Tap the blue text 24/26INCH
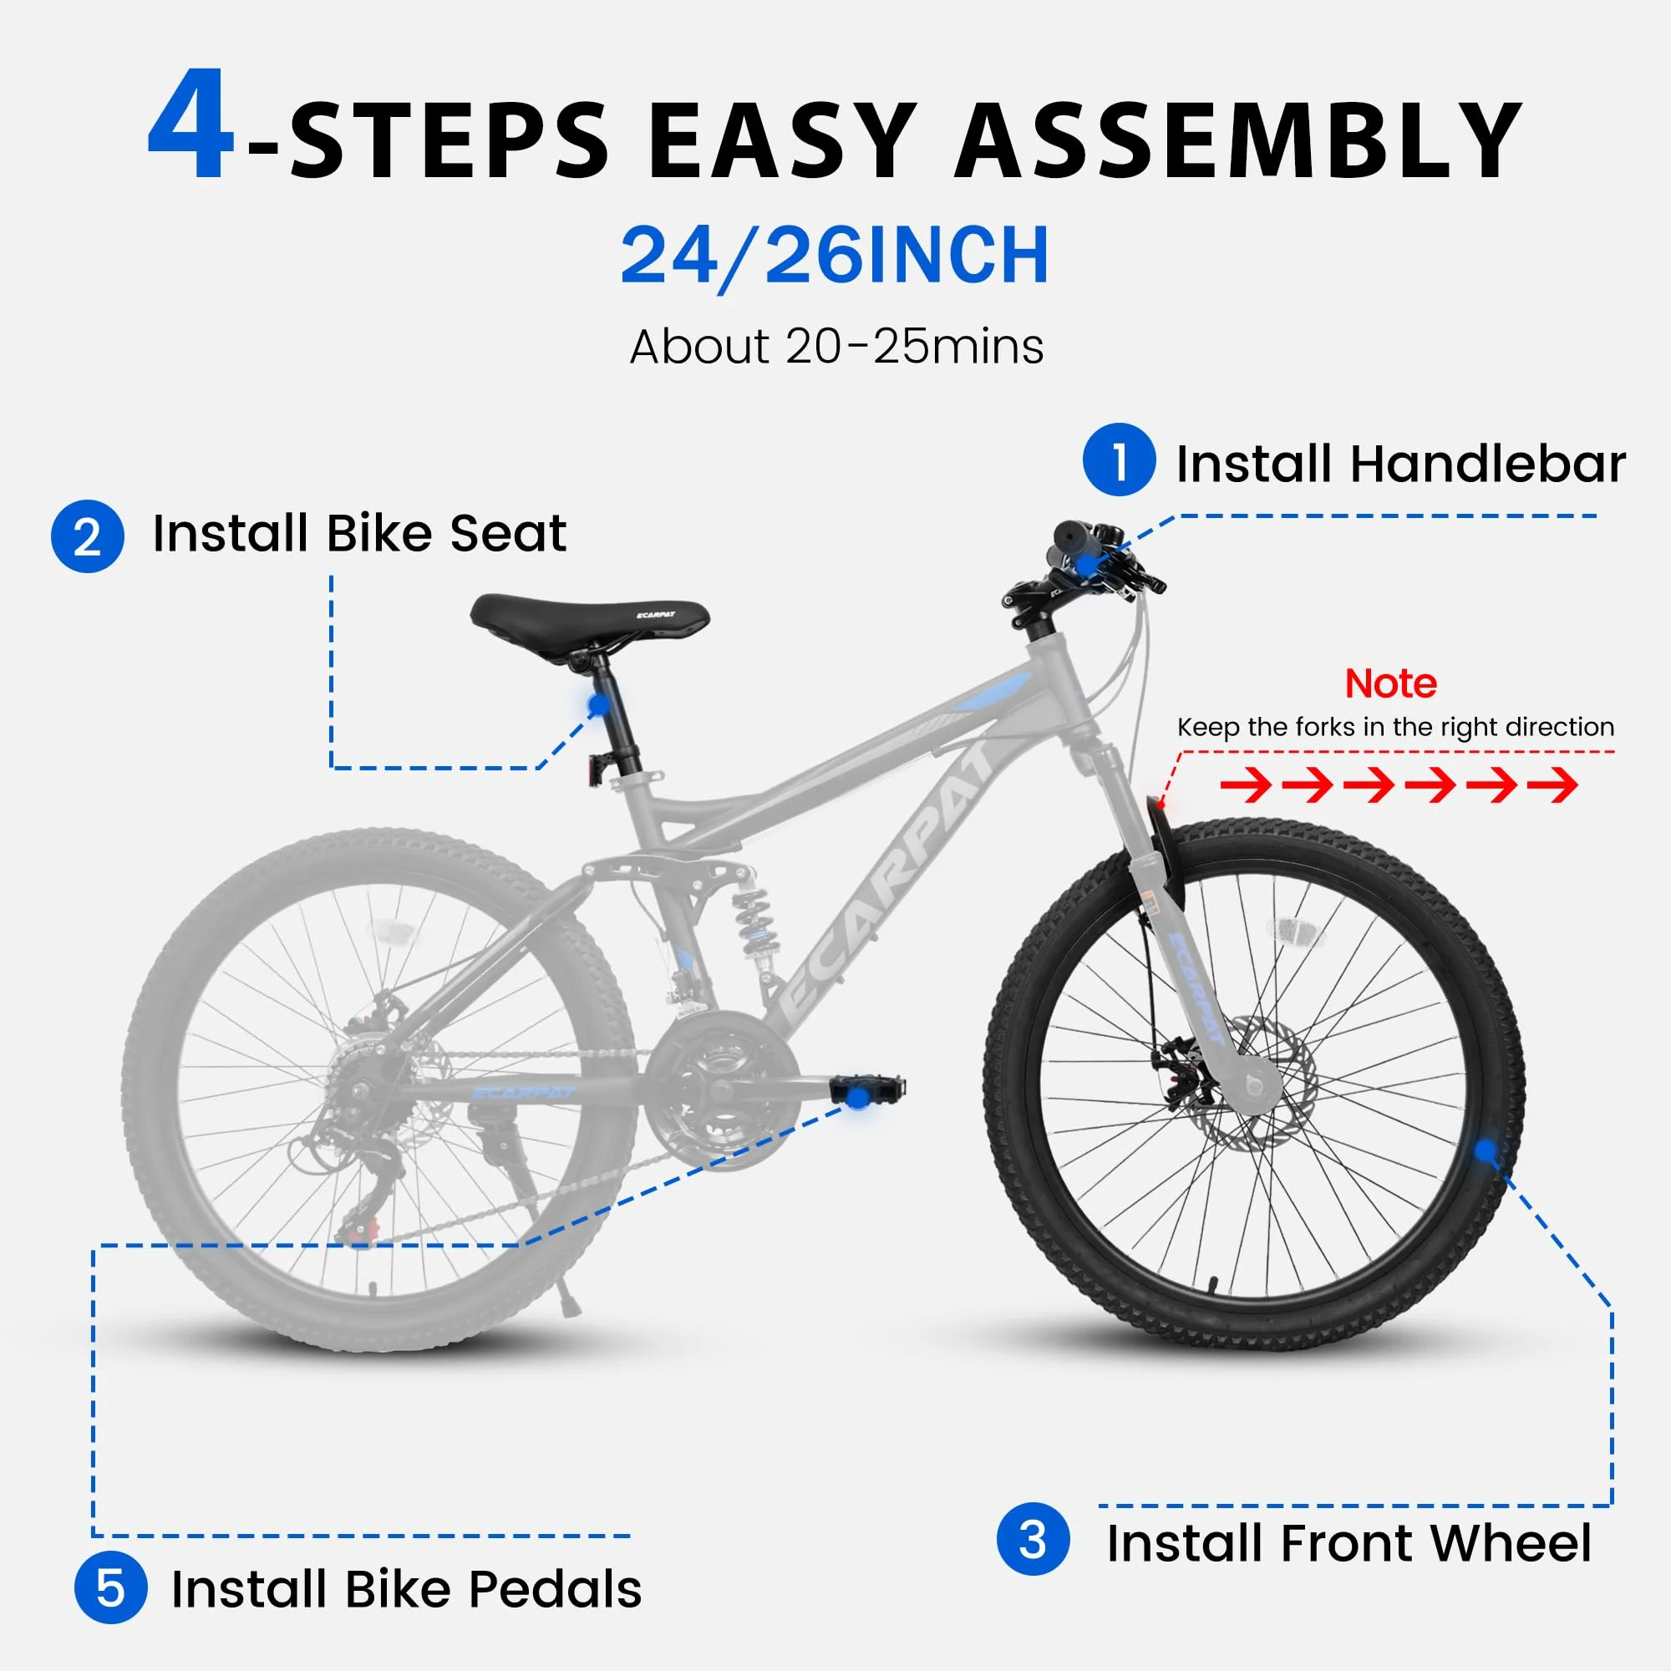coord(835,255)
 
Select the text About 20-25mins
coord(836,348)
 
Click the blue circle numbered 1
coord(1119,460)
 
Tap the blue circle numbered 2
coord(88,536)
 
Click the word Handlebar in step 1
coord(1488,465)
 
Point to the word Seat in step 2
coord(508,534)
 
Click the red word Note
coord(1391,684)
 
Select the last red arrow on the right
coord(1552,785)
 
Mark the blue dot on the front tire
coord(1485,1150)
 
